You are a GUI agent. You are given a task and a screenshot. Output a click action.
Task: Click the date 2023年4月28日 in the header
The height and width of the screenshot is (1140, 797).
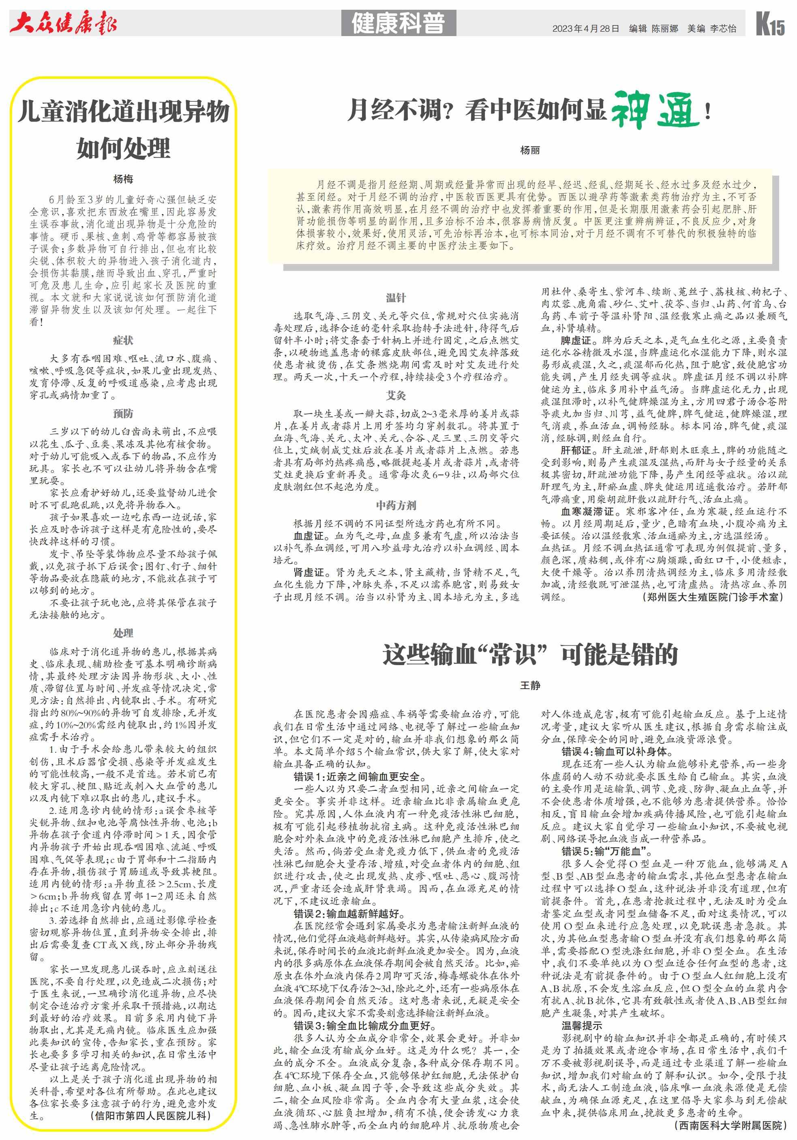[586, 29]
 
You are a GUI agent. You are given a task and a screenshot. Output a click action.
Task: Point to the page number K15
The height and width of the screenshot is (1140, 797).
[770, 24]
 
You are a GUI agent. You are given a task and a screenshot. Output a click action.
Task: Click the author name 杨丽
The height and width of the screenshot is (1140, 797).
[529, 150]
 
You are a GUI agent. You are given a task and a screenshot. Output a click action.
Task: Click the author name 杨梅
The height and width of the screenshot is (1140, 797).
[123, 179]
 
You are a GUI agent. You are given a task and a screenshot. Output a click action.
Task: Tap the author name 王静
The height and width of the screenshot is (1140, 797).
[529, 685]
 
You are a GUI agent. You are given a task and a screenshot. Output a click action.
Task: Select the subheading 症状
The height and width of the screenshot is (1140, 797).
[123, 340]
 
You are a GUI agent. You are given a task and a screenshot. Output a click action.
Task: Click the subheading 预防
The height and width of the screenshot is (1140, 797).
[123, 414]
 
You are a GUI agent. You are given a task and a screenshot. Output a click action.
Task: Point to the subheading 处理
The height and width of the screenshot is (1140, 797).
[123, 633]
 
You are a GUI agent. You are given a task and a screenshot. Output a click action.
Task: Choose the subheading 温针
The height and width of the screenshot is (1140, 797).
[396, 298]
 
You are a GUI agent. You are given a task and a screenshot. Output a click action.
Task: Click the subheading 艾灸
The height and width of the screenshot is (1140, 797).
[396, 395]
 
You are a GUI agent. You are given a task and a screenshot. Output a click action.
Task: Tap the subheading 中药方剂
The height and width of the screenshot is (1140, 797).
[396, 505]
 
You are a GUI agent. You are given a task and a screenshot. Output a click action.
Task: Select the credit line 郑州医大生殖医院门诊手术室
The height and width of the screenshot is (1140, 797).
[713, 597]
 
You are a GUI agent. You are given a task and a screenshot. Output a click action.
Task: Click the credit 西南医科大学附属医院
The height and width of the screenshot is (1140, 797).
[731, 1125]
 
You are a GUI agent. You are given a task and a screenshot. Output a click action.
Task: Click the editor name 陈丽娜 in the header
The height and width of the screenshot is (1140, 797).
[664, 29]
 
